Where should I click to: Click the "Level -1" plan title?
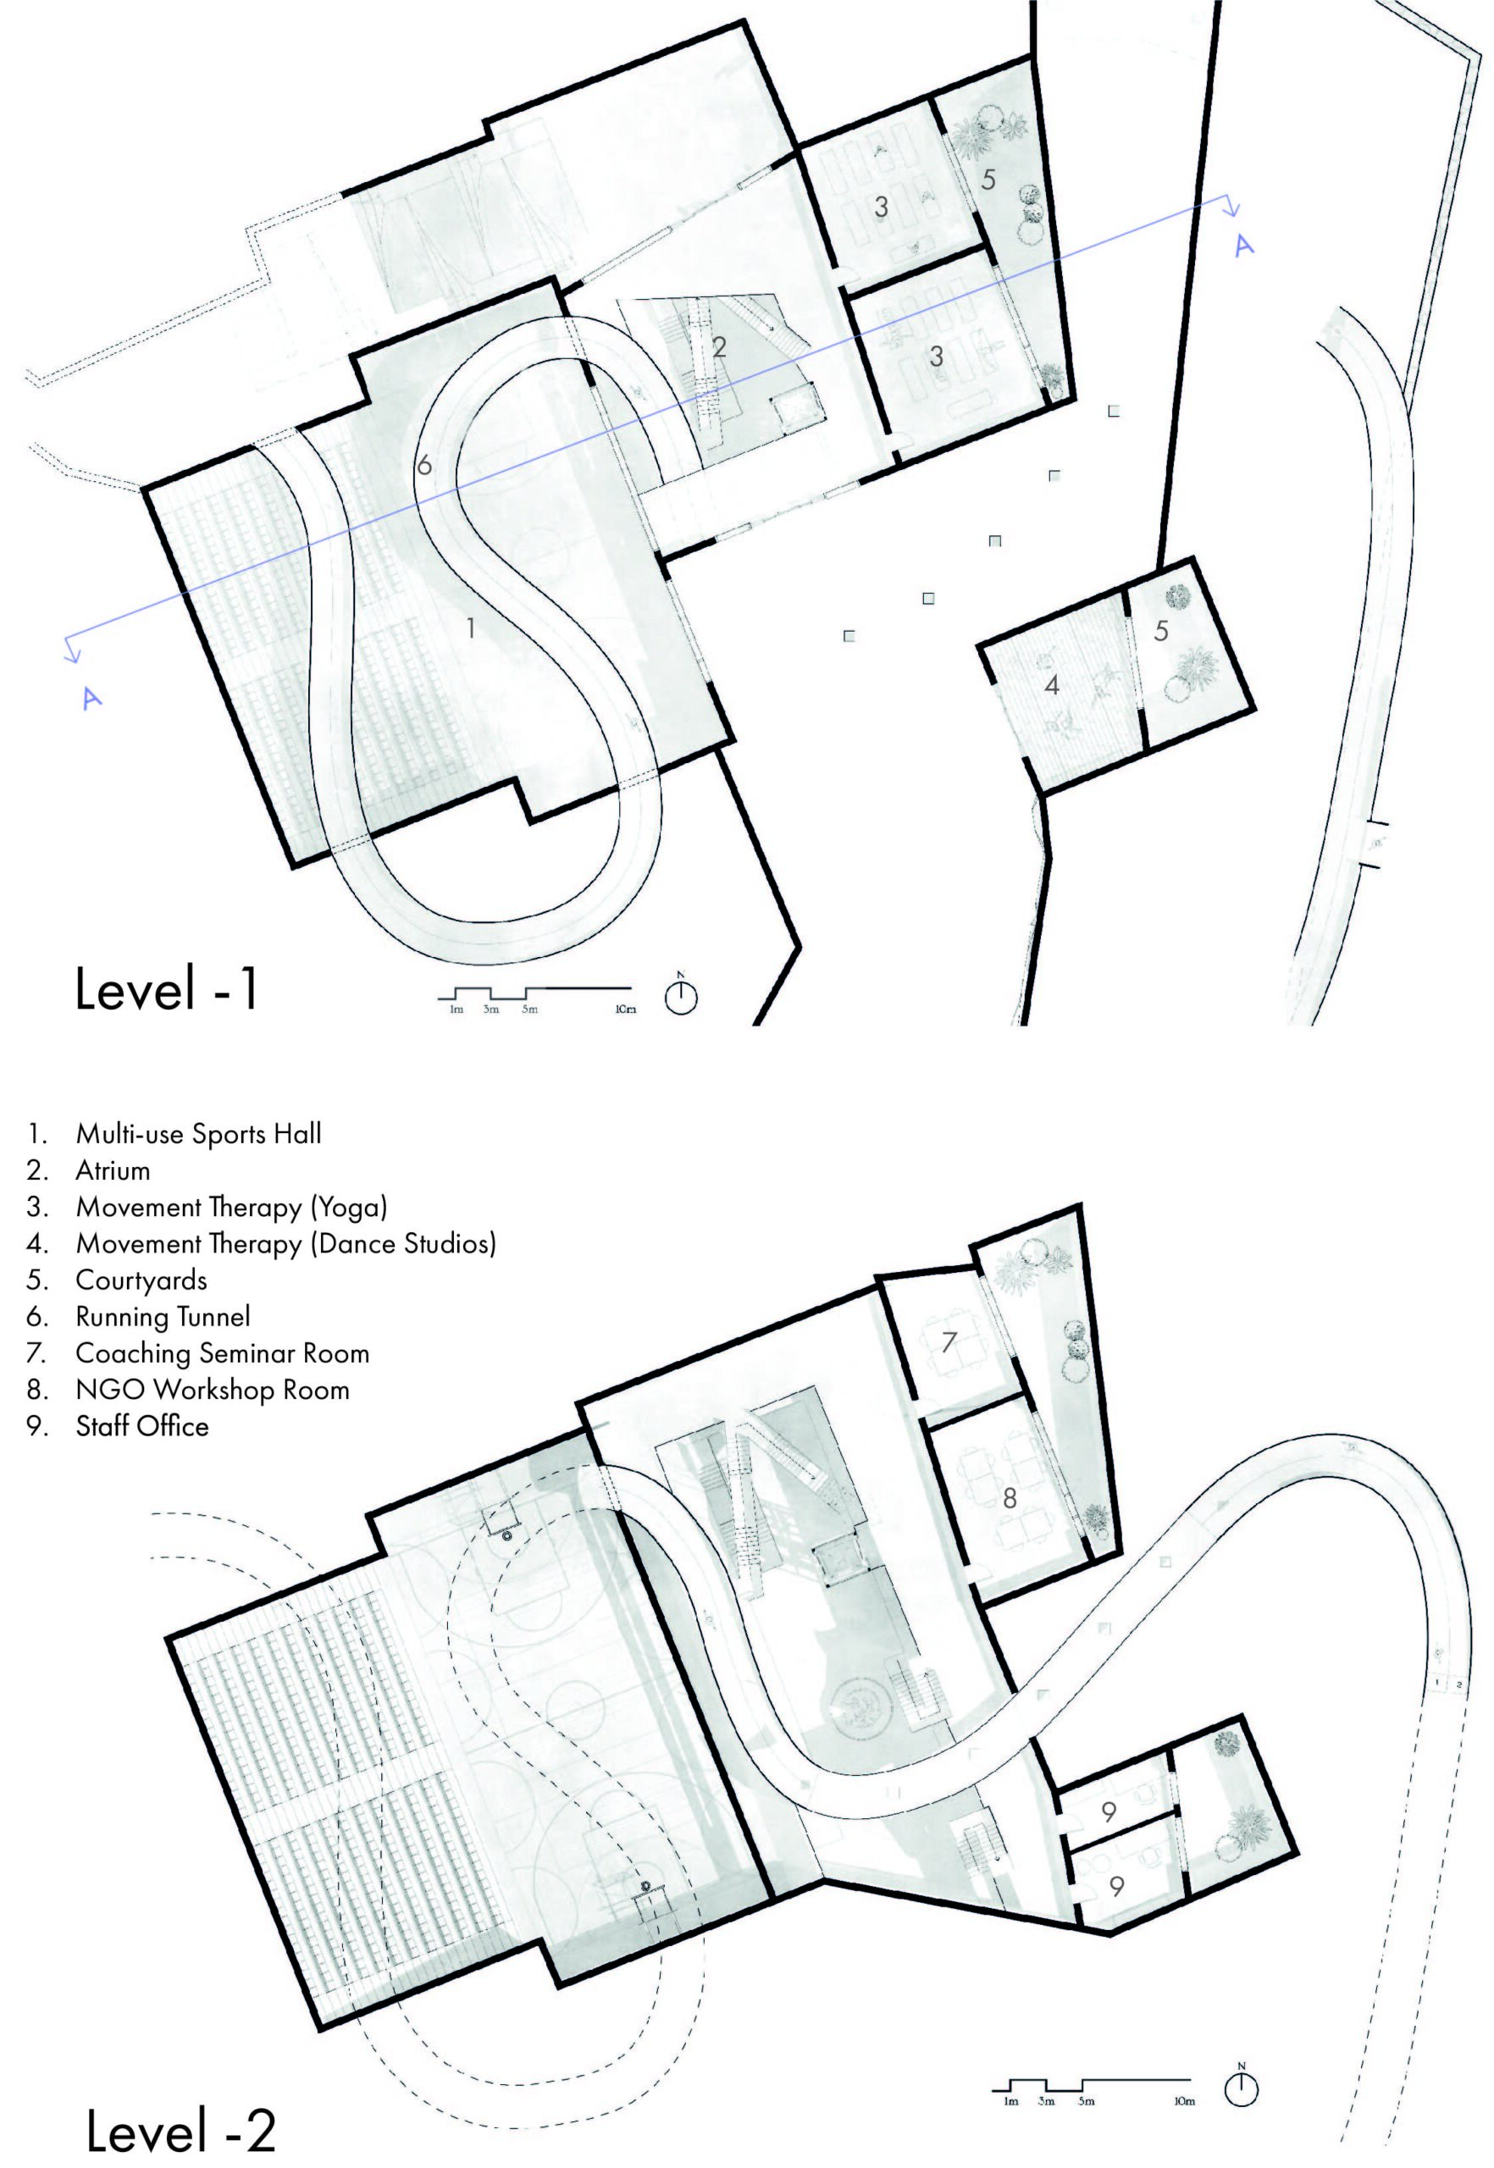(x=167, y=989)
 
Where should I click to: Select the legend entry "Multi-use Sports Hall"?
(x=198, y=1134)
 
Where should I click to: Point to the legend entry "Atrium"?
(x=113, y=1170)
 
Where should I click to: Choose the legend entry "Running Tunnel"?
(x=163, y=1317)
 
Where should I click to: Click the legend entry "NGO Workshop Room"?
(x=213, y=1390)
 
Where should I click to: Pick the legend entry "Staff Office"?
(x=142, y=1427)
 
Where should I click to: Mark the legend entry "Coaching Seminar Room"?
(x=223, y=1353)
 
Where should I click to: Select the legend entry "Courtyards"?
(x=141, y=1280)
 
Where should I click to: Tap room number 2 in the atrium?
(x=719, y=347)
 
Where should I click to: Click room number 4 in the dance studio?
(x=1052, y=685)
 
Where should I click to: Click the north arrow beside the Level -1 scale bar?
(x=682, y=995)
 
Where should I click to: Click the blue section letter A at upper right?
(x=1243, y=246)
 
